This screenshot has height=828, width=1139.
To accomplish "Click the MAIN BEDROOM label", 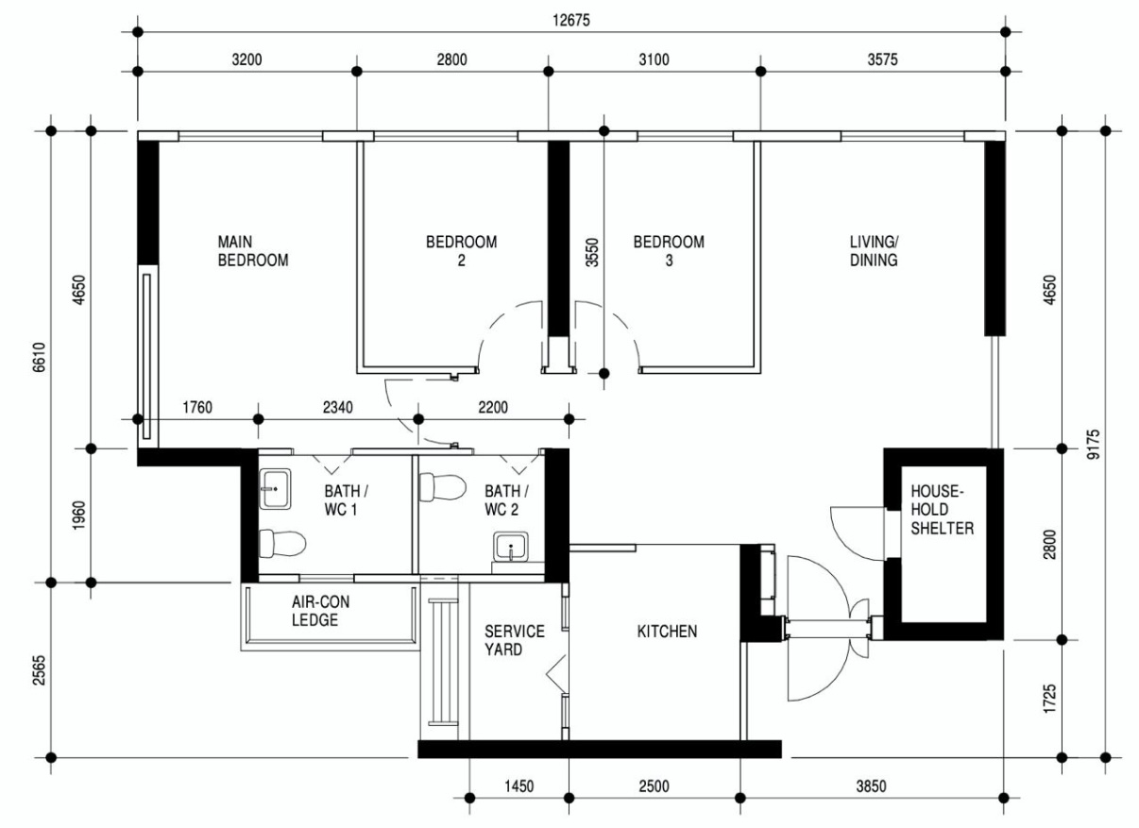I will coord(252,251).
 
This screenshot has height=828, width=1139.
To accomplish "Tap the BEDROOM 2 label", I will coord(461,251).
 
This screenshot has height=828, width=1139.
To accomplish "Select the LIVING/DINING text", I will coord(874,251).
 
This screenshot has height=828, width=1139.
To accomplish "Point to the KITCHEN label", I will coord(667,631).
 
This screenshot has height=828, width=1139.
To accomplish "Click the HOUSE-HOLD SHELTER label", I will coord(942,510).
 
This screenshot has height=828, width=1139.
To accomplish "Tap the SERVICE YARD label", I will coord(514,640).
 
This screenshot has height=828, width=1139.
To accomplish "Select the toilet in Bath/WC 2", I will coord(442,487).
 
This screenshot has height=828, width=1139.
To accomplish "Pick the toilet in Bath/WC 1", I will coord(282,544).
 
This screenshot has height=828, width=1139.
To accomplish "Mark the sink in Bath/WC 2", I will coord(511,548).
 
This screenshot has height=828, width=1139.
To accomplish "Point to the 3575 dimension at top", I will coord(883,59).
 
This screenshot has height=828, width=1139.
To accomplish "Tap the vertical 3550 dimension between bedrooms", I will coord(592,251).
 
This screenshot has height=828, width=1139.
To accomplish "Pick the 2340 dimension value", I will coord(337,408).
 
